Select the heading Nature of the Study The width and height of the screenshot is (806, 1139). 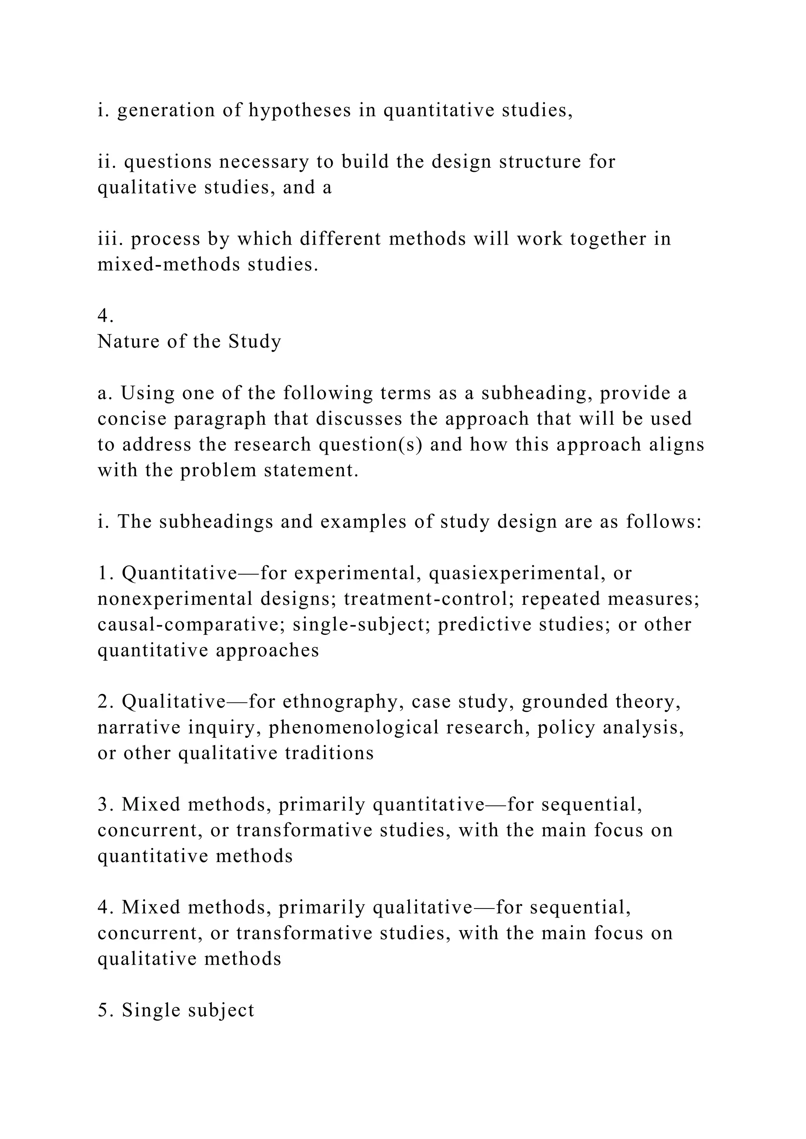coord(189,341)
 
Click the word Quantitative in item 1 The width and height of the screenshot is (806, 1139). coord(180,573)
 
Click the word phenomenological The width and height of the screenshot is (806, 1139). coord(354,727)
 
